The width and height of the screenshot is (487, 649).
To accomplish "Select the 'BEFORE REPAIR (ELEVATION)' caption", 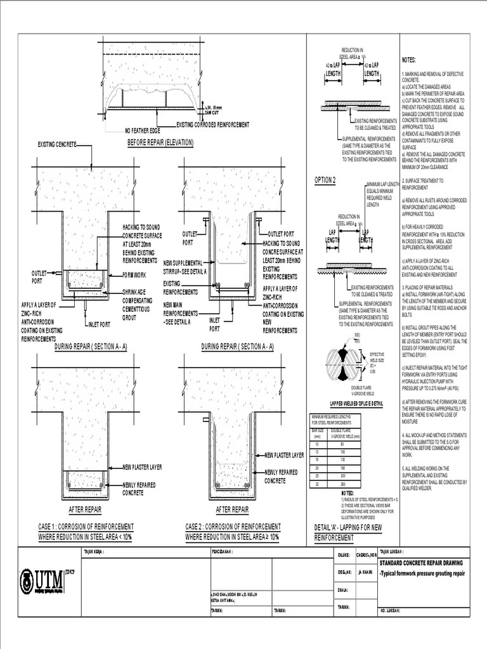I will pos(160,143).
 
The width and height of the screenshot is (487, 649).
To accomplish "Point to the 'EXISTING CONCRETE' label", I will pos(57,145).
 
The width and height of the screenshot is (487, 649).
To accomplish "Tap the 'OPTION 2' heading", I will pos(325,180).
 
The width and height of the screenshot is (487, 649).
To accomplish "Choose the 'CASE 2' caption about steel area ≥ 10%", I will pos(232,532).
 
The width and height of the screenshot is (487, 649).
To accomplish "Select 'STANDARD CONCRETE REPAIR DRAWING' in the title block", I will pos(422,562).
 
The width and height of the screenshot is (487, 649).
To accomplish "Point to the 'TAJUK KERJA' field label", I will pos(94,552).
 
